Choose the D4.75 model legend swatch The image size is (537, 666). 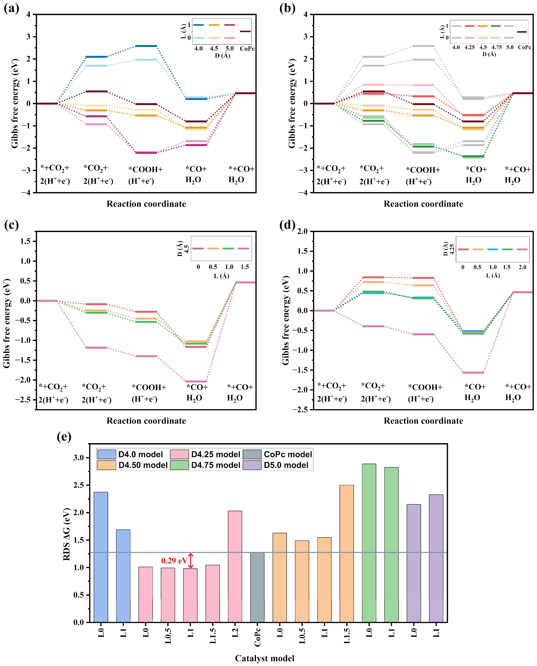tap(179, 465)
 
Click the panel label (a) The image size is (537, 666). tap(11, 8)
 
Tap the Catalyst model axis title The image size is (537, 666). tap(264, 658)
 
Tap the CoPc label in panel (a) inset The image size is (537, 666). tap(247, 49)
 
